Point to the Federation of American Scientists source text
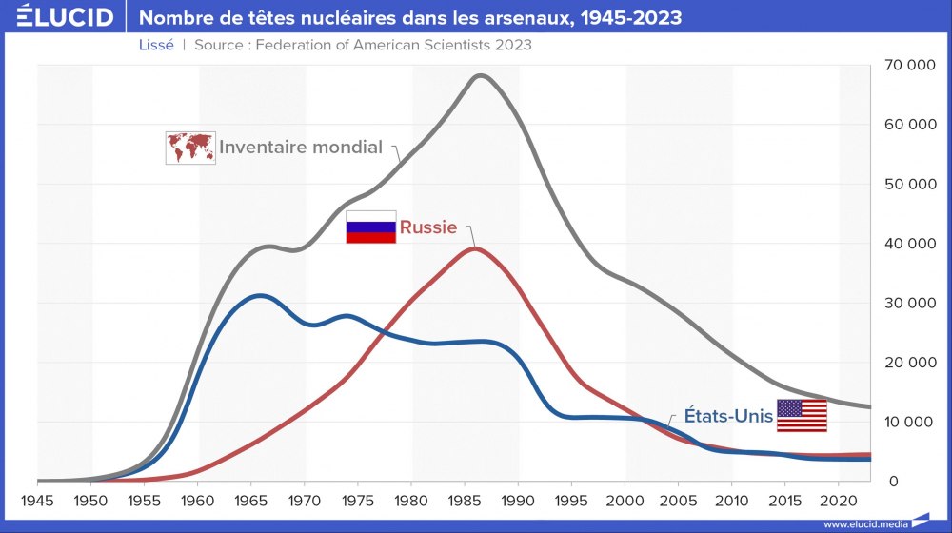[x=362, y=45]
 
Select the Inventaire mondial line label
[x=300, y=148]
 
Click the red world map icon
[x=189, y=148]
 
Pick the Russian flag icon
[x=370, y=227]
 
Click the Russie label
[x=428, y=227]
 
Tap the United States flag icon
[x=802, y=416]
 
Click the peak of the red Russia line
[x=475, y=248]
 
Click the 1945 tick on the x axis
[x=37, y=501]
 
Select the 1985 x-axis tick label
[x=464, y=501]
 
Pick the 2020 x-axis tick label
[x=837, y=501]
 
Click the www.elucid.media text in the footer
[x=865, y=524]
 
